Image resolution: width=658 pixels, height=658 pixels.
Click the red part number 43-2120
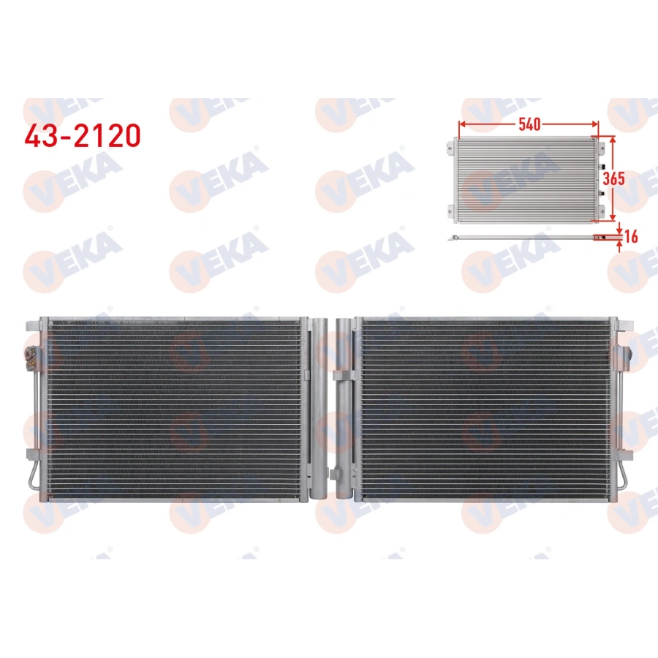click(83, 135)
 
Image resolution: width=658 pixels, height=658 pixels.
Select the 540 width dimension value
click(529, 124)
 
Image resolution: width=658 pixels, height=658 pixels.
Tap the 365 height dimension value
click(614, 179)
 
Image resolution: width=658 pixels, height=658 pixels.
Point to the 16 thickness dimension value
click(631, 237)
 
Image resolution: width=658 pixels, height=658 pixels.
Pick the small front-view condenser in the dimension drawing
click(526, 180)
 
